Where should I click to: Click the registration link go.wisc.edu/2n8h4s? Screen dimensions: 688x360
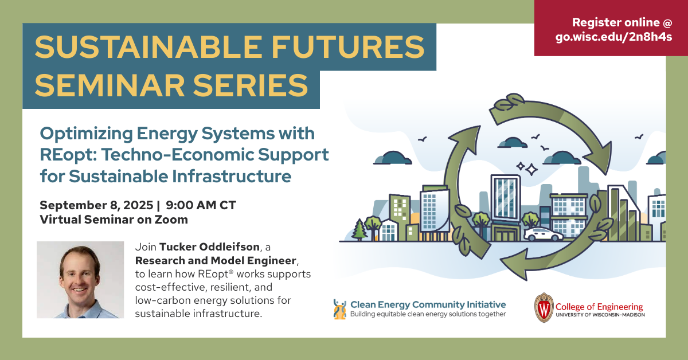613,37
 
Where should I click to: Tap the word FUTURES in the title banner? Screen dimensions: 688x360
348,47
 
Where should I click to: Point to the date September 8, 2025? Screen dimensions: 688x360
96,205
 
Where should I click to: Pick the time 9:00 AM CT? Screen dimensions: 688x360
201,205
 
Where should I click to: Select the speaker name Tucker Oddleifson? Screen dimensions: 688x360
209,247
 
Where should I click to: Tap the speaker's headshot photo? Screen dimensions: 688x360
80,280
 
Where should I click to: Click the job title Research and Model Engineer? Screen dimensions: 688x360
216,260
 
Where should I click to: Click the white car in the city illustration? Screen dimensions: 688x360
544,234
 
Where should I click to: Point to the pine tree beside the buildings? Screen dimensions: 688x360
359,229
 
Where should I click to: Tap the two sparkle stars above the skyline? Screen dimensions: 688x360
527,168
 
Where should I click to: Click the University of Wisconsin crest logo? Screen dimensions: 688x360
544,307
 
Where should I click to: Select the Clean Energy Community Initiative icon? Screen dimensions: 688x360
339,310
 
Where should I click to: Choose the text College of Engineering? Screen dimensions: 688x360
599,307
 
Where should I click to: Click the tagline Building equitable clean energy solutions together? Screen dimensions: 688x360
428,314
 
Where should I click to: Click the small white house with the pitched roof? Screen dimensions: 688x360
388,230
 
